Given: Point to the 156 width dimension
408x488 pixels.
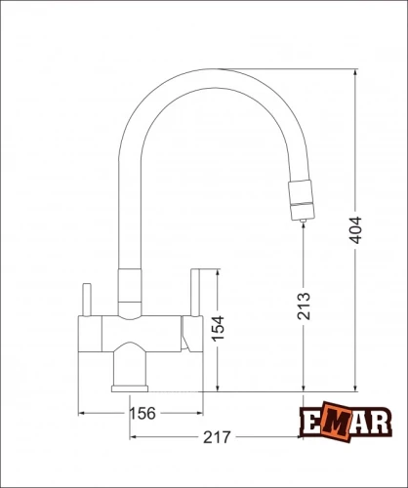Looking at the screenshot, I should pos(143,414).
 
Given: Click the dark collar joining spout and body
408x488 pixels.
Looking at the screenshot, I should pos(129,291).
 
